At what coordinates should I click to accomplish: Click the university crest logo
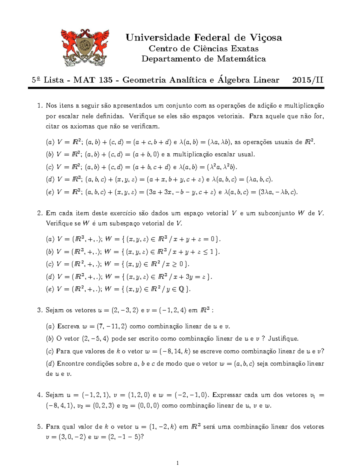click(85, 47)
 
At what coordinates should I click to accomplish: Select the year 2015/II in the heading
click(308, 80)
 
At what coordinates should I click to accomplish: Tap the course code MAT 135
click(93, 80)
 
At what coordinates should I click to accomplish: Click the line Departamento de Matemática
click(204, 59)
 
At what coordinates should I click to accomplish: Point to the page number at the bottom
click(178, 463)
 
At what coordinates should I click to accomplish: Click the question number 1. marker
click(40, 106)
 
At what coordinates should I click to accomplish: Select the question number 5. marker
click(40, 426)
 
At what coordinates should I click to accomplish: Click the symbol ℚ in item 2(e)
click(181, 289)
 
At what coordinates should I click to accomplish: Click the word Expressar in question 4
click(228, 395)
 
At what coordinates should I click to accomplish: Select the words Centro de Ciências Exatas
click(204, 49)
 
